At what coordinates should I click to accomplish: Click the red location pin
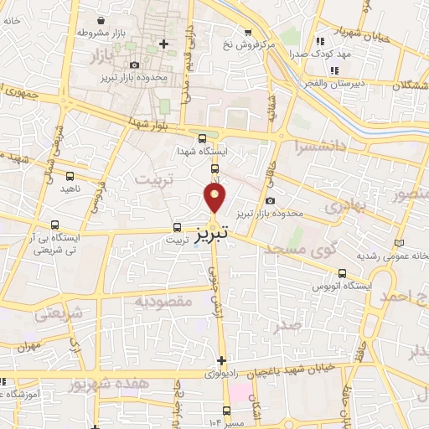(x=215, y=198)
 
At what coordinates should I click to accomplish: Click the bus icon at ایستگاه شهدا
(x=201, y=139)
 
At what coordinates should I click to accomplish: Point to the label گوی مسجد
(x=294, y=250)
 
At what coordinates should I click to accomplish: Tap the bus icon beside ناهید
(x=70, y=177)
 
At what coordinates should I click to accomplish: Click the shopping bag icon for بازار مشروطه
(x=101, y=20)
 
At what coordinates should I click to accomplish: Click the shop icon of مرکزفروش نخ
(x=247, y=33)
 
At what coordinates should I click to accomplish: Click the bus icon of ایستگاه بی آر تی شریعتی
(x=54, y=225)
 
